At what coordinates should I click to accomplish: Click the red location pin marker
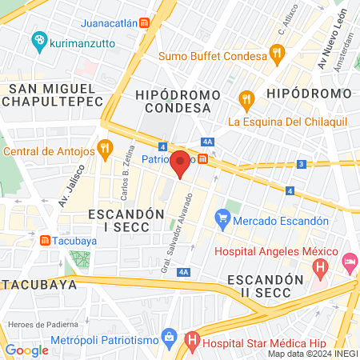pyautogui.click(x=181, y=163)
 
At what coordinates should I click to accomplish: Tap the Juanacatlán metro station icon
pyautogui.click(x=144, y=23)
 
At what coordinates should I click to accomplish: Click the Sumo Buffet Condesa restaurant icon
pyautogui.click(x=277, y=55)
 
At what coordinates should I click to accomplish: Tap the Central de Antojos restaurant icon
pyautogui.click(x=104, y=148)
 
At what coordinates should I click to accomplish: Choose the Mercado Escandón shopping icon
pyautogui.click(x=222, y=216)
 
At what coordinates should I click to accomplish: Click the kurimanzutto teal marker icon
pyautogui.click(x=38, y=39)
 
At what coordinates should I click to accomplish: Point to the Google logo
pyautogui.click(x=26, y=350)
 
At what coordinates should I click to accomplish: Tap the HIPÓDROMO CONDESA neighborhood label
pyautogui.click(x=189, y=102)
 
